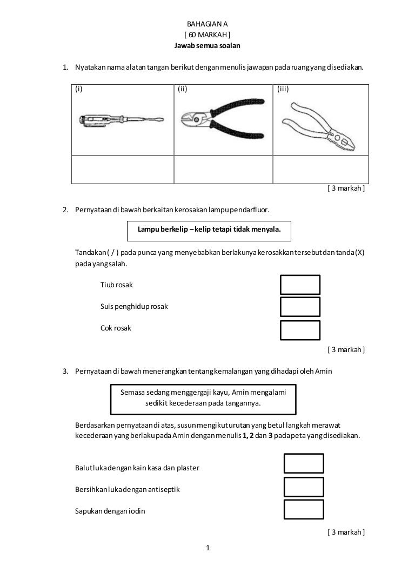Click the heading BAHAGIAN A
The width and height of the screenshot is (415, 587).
click(207, 25)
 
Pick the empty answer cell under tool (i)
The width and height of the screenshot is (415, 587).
click(123, 170)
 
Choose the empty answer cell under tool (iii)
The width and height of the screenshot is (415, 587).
click(320, 170)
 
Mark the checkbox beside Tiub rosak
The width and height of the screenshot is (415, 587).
click(300, 285)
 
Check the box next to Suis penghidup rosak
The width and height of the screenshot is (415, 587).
click(300, 307)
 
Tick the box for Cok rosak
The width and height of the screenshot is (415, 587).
click(300, 330)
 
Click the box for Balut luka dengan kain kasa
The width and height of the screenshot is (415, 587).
click(303, 463)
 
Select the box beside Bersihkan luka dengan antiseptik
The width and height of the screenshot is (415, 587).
click(303, 487)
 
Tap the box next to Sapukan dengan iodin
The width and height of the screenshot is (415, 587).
click(303, 509)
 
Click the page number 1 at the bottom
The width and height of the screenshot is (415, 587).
click(208, 549)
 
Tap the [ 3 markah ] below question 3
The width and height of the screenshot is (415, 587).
click(346, 532)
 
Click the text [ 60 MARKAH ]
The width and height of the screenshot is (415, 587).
click(207, 36)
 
